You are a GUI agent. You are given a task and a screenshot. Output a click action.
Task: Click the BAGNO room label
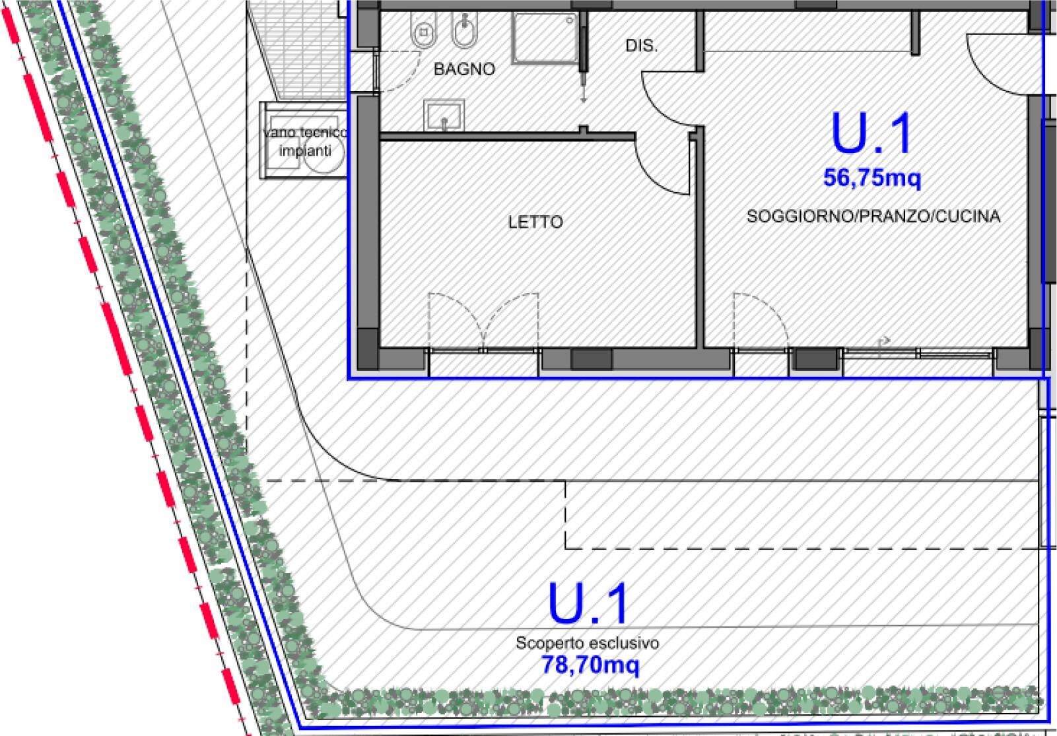tap(464, 69)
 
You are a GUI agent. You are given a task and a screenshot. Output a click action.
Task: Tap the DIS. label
tap(641, 46)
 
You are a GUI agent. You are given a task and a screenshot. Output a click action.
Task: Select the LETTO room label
tap(535, 222)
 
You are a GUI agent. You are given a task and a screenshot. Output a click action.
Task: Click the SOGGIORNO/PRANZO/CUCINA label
tap(873, 216)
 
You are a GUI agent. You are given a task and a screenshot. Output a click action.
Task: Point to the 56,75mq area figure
tap(872, 178)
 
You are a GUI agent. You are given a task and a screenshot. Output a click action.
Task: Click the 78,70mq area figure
tap(590, 665)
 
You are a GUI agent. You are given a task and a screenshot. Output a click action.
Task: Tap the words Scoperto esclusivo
tap(587, 642)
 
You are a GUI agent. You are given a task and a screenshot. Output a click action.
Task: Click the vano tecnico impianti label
tap(305, 141)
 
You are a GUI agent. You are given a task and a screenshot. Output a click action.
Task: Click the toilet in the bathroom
tap(423, 29)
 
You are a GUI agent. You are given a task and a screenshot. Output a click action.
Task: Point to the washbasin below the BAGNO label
tap(444, 115)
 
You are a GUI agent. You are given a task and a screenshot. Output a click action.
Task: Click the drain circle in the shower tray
tap(570, 20)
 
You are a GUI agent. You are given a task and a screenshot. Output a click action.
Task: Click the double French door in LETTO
tap(483, 321)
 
